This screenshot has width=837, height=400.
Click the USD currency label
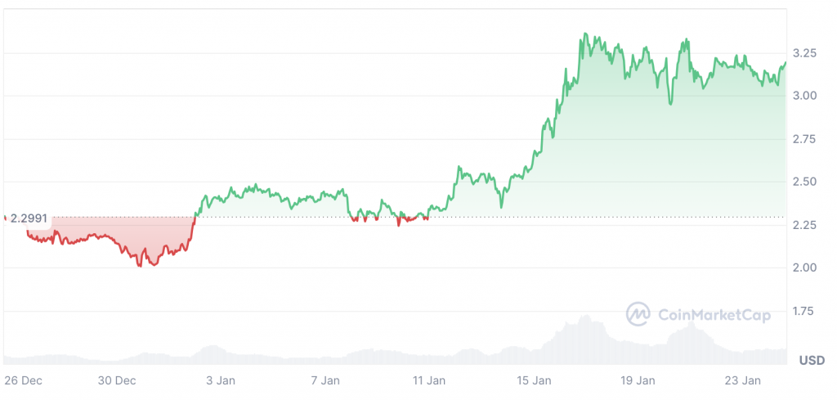[811, 360]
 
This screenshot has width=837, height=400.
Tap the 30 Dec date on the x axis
[117, 380]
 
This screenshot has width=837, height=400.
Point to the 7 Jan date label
[325, 380]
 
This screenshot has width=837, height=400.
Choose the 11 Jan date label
[429, 380]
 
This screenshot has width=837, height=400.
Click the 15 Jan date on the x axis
[534, 380]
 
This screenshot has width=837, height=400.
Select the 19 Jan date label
[638, 380]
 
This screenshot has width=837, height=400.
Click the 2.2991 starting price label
[29, 219]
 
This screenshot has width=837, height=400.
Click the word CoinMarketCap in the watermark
[714, 314]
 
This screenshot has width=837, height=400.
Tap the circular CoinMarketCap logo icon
[638, 314]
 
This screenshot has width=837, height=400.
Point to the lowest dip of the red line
[140, 266]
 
